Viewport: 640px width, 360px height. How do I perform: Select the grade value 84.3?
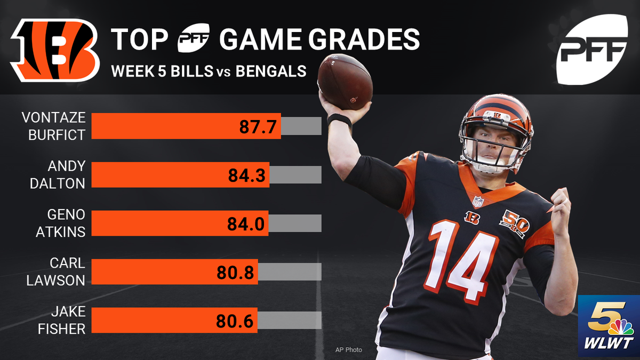pos(247,175)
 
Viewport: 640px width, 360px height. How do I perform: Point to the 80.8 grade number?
pos(236,273)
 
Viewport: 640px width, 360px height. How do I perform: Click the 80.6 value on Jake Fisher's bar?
pos(236,321)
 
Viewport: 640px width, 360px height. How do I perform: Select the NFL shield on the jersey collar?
pos(477,202)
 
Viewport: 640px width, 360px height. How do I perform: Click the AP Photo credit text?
pos(348,350)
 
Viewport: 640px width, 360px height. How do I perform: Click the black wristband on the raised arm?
pos(340,119)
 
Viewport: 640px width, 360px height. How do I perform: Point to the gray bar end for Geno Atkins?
pos(295,223)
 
